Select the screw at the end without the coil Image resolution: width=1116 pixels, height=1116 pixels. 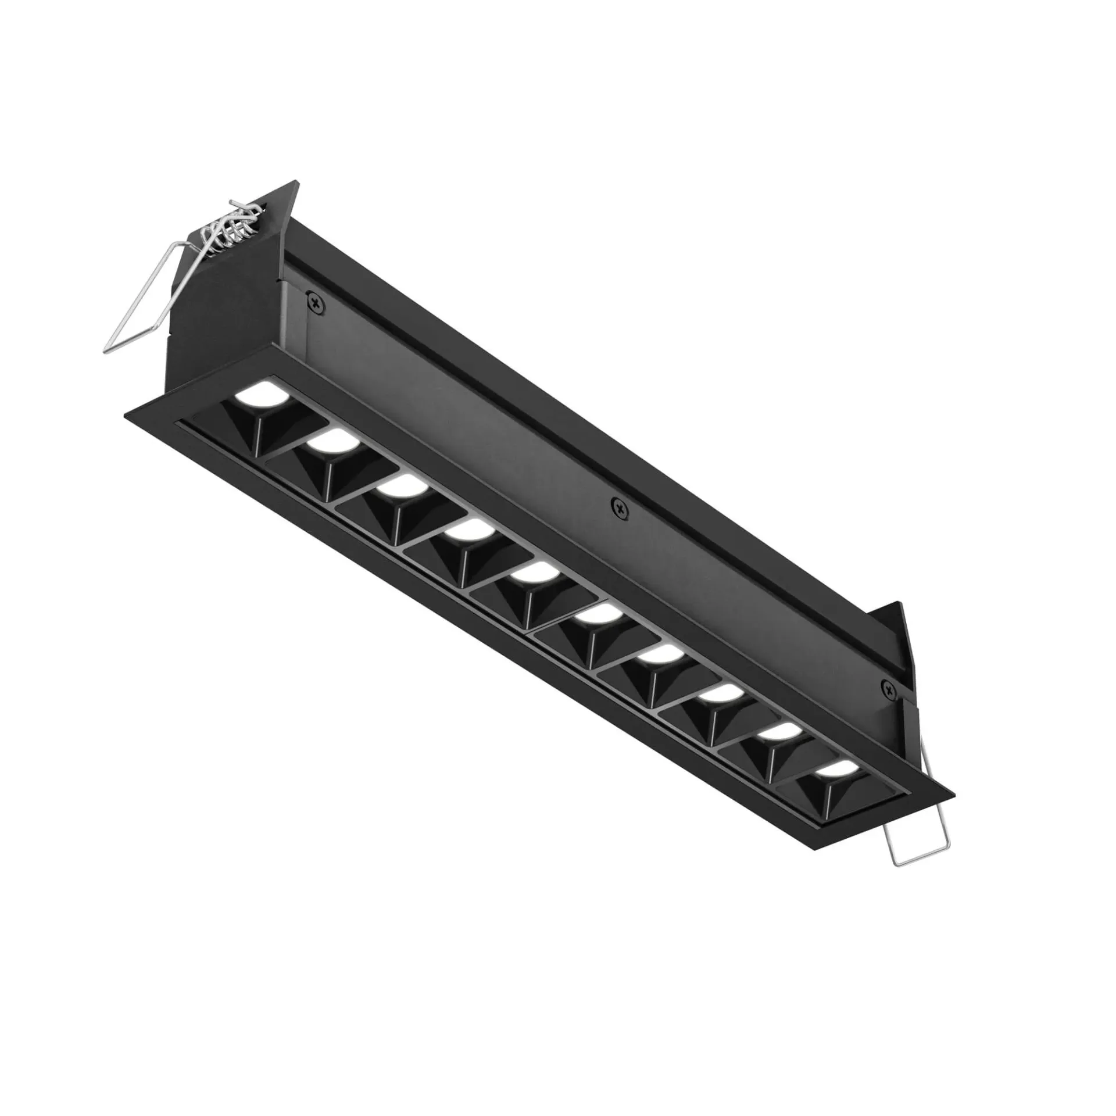tap(888, 689)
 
